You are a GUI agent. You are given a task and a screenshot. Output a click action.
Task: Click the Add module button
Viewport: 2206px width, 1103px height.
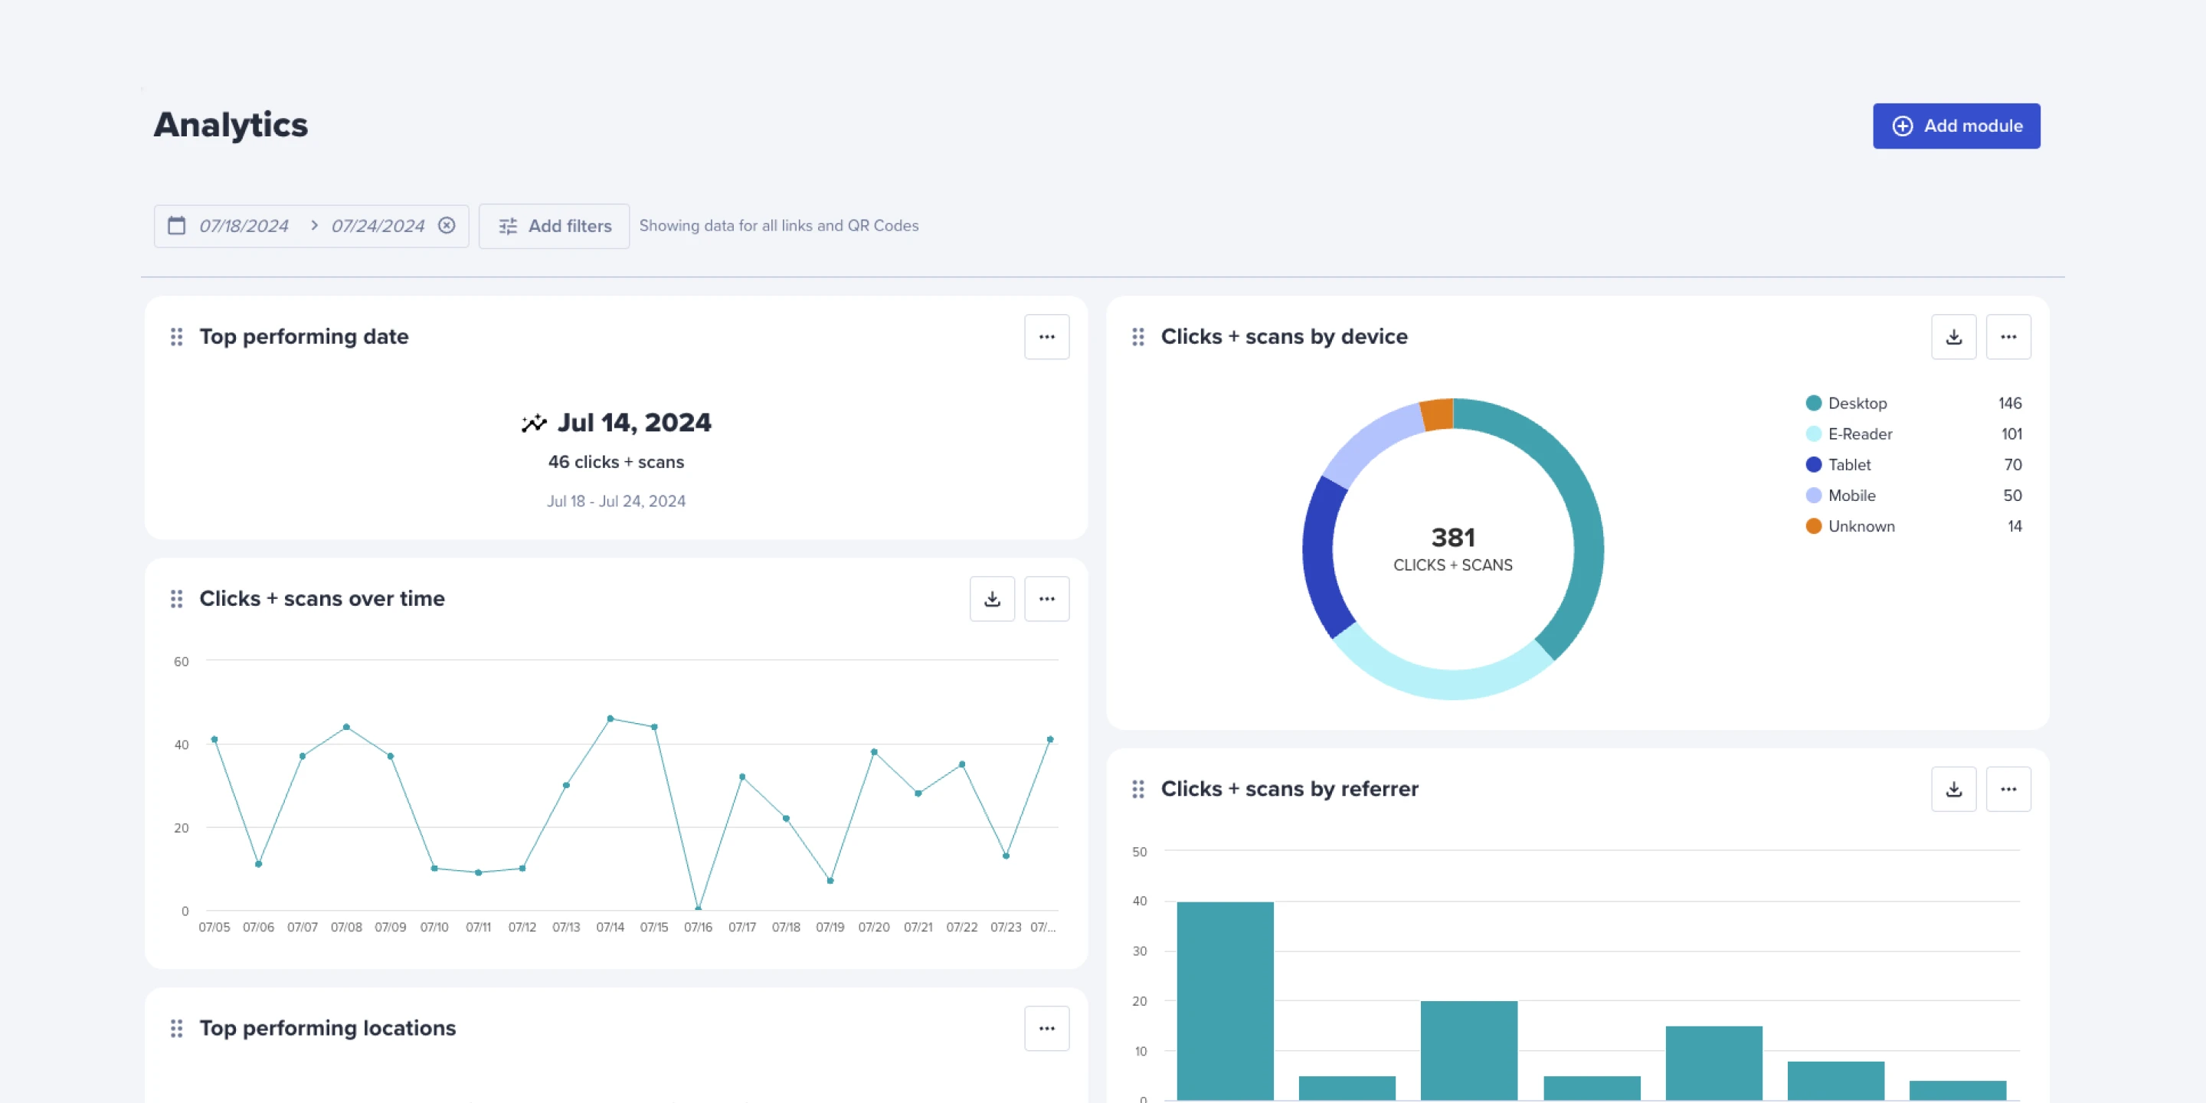(x=1956, y=126)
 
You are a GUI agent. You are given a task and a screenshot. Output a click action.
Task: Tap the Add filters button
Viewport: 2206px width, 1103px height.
(x=554, y=226)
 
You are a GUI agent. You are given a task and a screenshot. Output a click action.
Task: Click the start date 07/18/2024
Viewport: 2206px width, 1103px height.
(x=244, y=226)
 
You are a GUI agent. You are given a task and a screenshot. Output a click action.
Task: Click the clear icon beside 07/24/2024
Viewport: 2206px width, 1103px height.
(x=446, y=225)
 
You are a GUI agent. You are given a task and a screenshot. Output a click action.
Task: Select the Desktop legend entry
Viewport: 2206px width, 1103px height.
(x=1857, y=404)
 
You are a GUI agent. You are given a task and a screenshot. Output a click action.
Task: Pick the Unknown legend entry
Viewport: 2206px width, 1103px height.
(x=1860, y=527)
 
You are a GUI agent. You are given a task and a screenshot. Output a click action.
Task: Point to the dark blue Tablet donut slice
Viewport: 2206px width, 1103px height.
(x=1323, y=557)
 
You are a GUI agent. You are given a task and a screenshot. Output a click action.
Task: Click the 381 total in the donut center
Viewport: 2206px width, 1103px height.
(x=1452, y=538)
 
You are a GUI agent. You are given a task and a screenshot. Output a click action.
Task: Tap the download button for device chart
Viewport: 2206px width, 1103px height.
(x=1953, y=337)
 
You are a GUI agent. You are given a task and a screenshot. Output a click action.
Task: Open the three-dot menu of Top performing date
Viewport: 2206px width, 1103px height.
(x=1046, y=337)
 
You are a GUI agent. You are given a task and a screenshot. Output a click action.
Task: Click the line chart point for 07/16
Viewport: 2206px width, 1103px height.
(x=698, y=908)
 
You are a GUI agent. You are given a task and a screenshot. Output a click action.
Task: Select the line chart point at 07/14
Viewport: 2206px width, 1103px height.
(x=610, y=718)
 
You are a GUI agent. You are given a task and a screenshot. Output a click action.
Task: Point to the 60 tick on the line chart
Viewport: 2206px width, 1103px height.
(x=181, y=662)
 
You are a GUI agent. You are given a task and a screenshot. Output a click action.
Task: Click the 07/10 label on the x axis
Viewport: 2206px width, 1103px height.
(x=434, y=928)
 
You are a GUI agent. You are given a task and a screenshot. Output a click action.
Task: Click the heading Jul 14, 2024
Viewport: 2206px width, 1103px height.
(x=633, y=423)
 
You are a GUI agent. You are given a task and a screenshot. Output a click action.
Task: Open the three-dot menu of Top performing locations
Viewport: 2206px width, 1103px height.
(x=1046, y=1029)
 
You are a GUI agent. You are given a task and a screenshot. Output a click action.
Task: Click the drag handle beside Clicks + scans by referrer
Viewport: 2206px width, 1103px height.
(x=1137, y=790)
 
